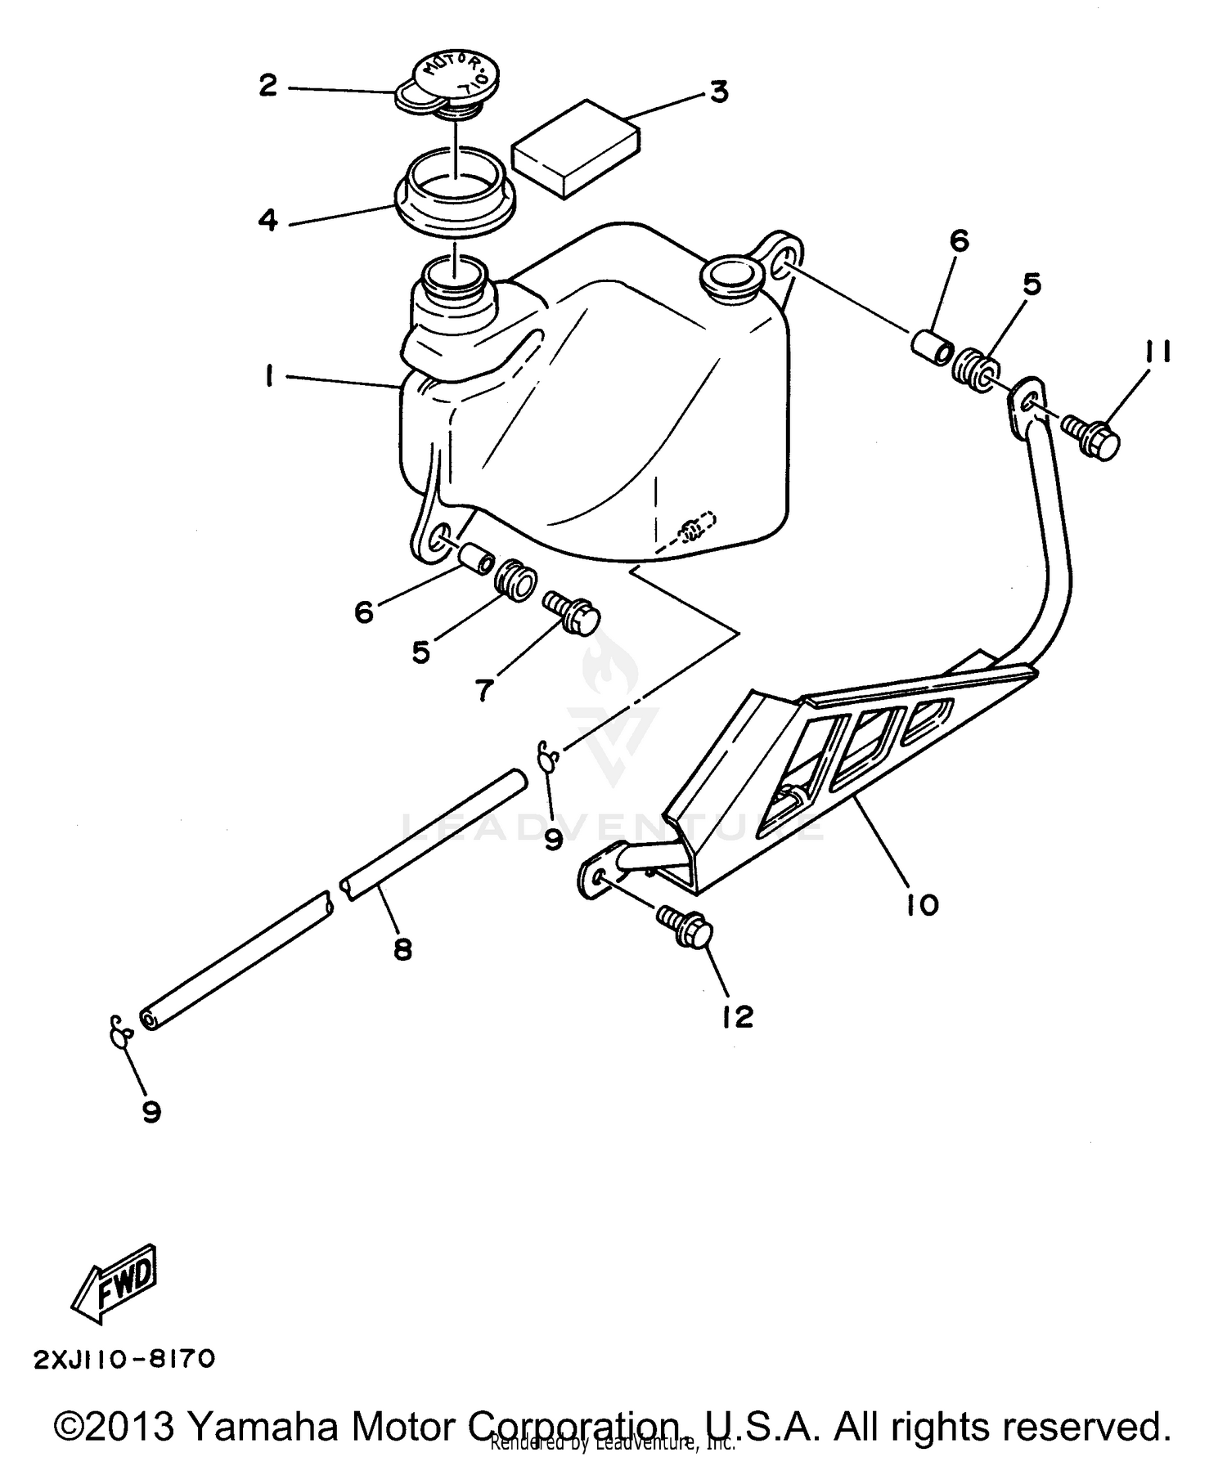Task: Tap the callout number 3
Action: point(718,92)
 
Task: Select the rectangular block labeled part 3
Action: point(574,149)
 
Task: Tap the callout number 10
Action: point(922,905)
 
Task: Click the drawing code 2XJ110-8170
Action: point(124,1359)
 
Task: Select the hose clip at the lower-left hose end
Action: point(119,1031)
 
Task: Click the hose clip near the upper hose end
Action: point(547,756)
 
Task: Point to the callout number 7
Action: point(483,691)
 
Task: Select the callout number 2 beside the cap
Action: point(268,85)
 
